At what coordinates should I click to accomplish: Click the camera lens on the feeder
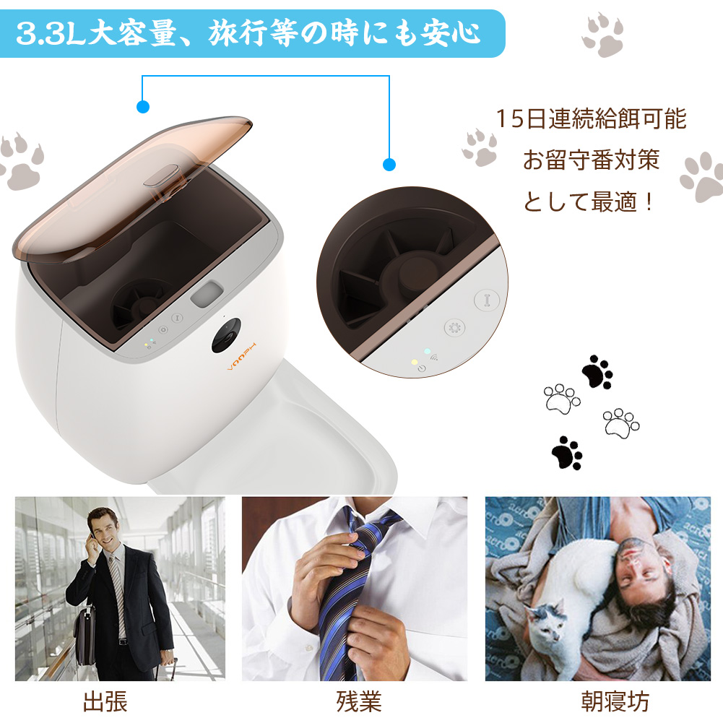[x=227, y=335]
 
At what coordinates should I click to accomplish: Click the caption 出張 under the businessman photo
[x=105, y=701]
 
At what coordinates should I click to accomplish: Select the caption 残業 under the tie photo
[x=359, y=701]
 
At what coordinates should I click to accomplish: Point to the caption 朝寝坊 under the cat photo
[x=615, y=701]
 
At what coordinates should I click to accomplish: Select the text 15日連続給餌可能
[x=591, y=118]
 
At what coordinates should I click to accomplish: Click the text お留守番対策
[x=591, y=160]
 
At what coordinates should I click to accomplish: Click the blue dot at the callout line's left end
[x=143, y=107]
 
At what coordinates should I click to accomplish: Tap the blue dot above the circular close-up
[x=389, y=165]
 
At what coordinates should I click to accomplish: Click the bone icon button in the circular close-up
[x=487, y=300]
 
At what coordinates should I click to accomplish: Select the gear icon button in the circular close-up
[x=454, y=328]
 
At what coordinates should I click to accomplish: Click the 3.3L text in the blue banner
[x=51, y=33]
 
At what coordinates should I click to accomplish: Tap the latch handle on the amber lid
[x=160, y=176]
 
